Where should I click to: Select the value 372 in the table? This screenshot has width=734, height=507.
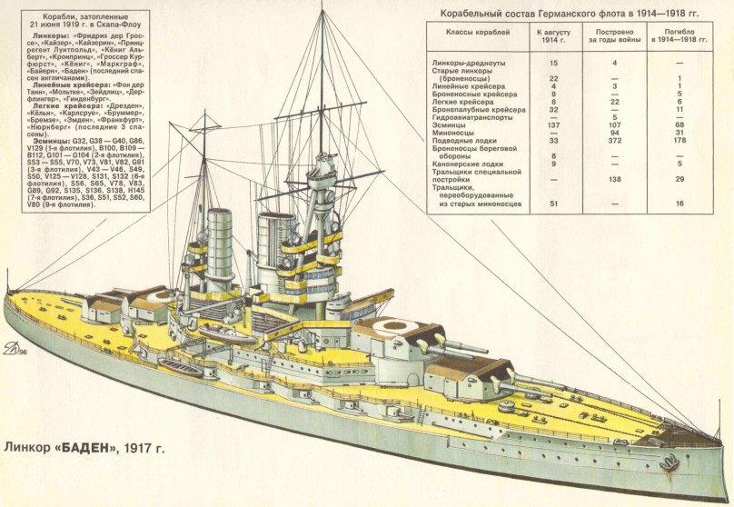pyautogui.click(x=614, y=141)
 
